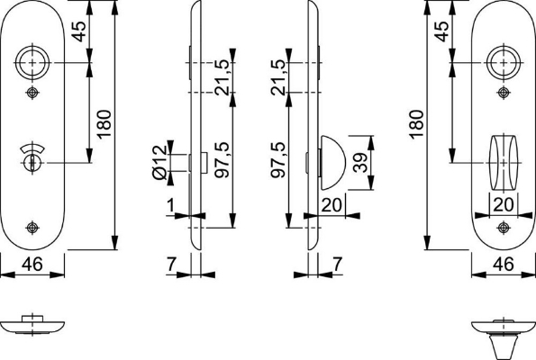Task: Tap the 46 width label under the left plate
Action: click(32, 265)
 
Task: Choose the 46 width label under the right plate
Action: click(503, 265)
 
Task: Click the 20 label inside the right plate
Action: click(503, 205)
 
